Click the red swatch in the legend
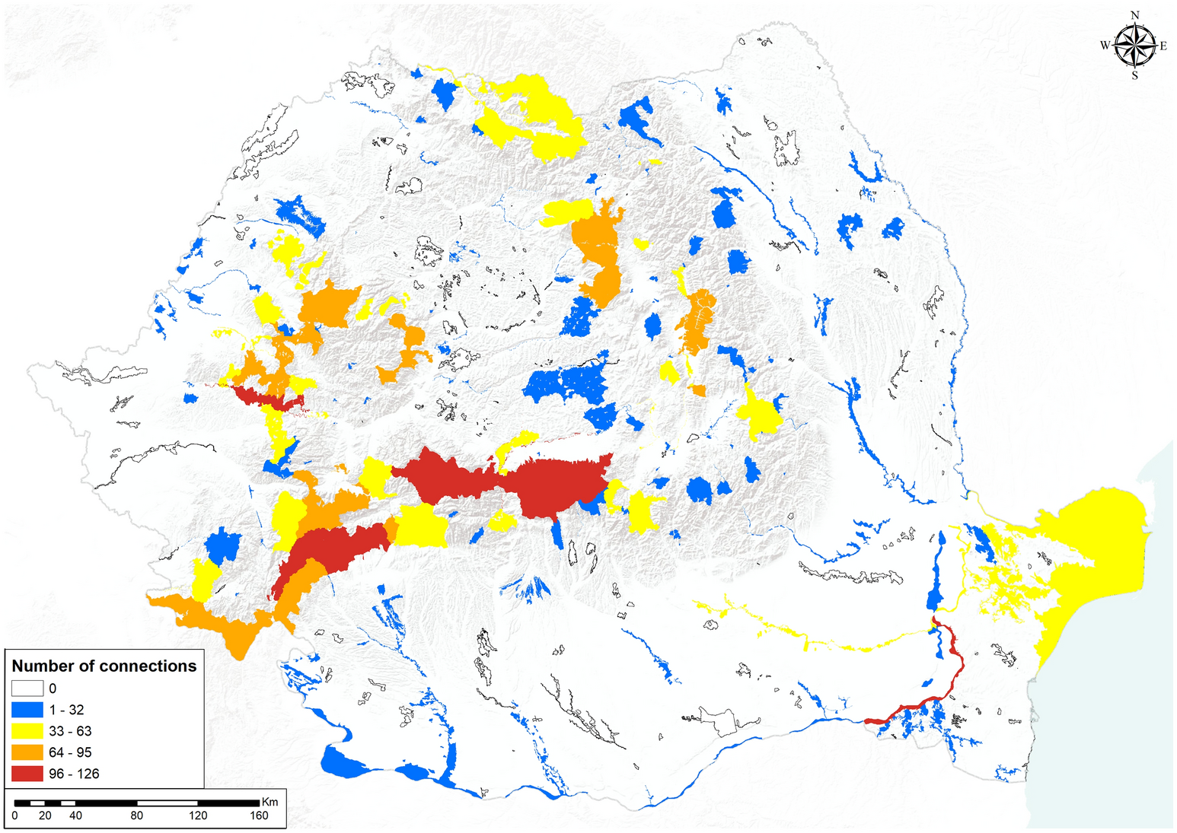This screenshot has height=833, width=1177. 27,774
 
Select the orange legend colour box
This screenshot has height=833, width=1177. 27,752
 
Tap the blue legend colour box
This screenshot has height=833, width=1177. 27,710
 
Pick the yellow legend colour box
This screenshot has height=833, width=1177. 27,731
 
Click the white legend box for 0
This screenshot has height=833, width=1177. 27,688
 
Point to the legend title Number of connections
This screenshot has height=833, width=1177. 104,666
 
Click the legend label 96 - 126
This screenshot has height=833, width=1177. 74,774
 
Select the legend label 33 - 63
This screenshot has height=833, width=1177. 70,731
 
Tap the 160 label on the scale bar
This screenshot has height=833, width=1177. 259,816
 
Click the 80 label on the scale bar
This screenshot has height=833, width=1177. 137,816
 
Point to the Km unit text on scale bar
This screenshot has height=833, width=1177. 270,802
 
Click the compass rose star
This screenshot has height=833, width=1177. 1134,45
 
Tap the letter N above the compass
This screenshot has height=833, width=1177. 1135,15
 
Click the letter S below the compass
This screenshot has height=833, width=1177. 1135,75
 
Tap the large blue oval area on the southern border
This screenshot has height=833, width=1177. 346,761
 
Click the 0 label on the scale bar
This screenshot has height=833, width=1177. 15,816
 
